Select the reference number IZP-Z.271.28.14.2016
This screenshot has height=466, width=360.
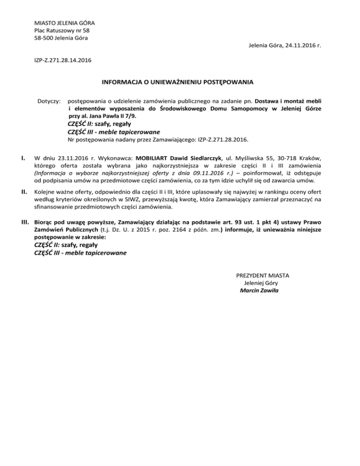point(63,60)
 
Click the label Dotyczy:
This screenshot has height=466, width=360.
point(49,101)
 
